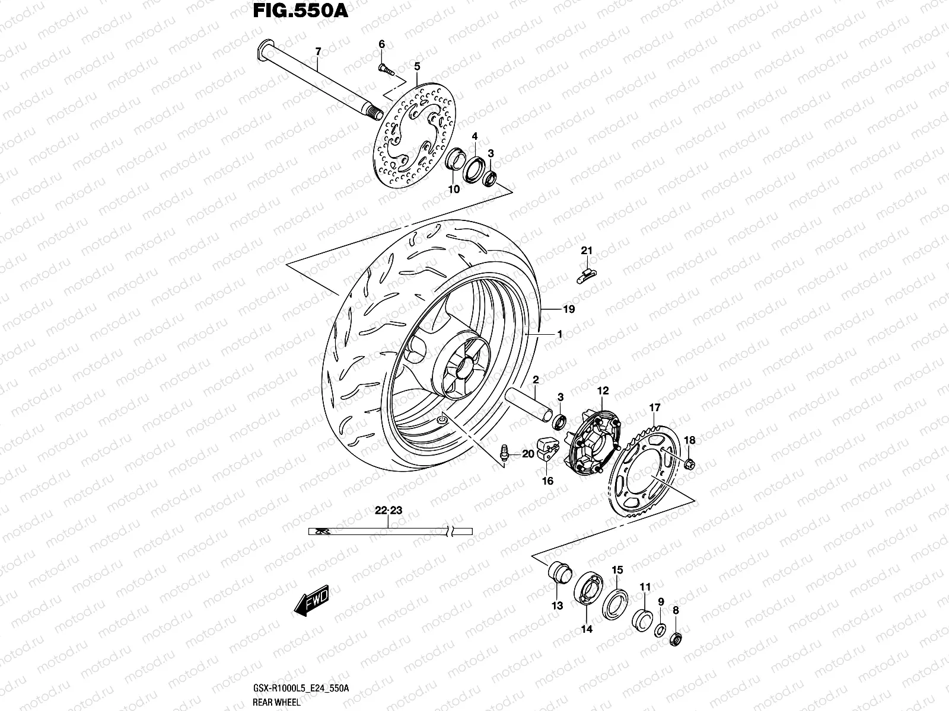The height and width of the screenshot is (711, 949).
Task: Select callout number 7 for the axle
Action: [317, 53]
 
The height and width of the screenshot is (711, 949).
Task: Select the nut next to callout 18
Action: [690, 463]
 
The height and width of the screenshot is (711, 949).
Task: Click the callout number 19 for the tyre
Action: [569, 309]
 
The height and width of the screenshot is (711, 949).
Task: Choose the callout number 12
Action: [603, 391]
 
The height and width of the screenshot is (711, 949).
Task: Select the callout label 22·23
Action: [388, 510]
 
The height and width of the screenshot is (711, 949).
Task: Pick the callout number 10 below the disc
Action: [454, 190]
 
